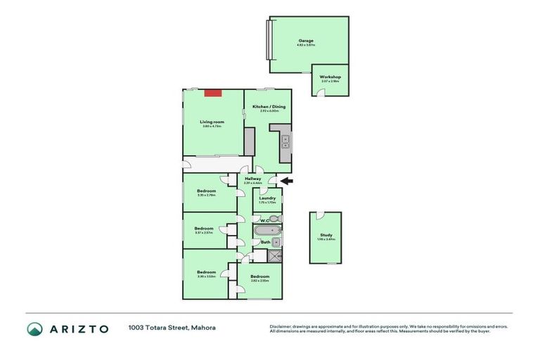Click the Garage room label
(x=306, y=41)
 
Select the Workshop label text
(x=330, y=76)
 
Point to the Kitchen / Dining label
(x=266, y=106)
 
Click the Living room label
(x=212, y=122)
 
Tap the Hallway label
(x=253, y=179)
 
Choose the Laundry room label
(x=266, y=198)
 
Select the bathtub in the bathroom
(x=268, y=230)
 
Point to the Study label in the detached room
(x=326, y=236)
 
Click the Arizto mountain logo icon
(x=35, y=329)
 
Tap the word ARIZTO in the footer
(x=78, y=329)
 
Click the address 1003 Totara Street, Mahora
(x=172, y=328)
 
